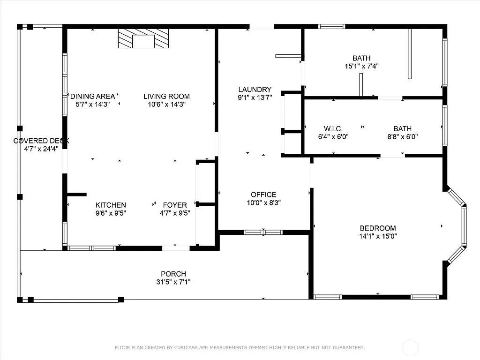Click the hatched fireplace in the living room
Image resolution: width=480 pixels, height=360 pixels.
point(143,38)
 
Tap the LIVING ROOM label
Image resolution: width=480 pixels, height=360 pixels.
point(166,97)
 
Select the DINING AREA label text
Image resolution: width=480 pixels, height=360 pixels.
point(92,97)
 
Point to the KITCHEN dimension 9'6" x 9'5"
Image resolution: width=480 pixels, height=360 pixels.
point(111,213)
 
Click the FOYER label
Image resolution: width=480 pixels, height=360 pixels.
point(175,205)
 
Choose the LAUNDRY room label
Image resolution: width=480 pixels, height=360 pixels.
point(255,90)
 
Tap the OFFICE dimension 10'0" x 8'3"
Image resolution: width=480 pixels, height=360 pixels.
point(263,202)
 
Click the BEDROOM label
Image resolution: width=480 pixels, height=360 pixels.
point(378,228)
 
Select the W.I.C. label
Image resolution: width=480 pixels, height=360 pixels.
point(333,129)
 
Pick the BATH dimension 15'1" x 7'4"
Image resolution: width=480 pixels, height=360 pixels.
point(361,67)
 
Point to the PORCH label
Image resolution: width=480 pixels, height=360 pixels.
point(173,274)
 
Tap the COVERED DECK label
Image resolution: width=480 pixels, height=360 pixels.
point(41,141)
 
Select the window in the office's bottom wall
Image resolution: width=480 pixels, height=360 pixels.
point(263,232)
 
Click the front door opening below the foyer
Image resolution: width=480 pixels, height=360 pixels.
point(176,248)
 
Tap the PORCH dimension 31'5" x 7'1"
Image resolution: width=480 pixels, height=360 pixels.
point(173,282)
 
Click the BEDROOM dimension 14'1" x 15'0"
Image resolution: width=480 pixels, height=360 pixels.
point(378,236)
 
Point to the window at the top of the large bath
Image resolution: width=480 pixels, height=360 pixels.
point(332,26)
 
